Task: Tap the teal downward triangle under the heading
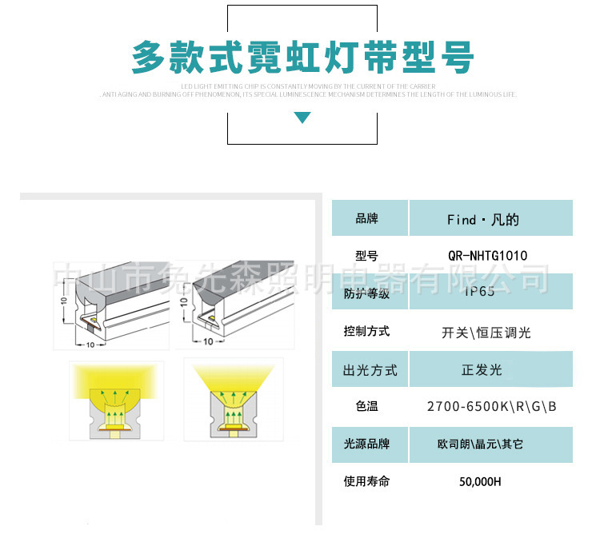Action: (x=302, y=118)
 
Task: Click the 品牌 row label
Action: (x=366, y=218)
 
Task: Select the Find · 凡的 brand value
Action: (x=482, y=219)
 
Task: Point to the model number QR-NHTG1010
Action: (x=487, y=256)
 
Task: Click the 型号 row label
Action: (x=366, y=256)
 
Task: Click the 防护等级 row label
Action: (x=366, y=293)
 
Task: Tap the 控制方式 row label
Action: (x=366, y=331)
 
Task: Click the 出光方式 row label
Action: (x=370, y=370)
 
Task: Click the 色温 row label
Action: (x=366, y=406)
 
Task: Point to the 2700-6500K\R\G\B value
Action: (x=492, y=407)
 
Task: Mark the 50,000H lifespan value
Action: (x=480, y=482)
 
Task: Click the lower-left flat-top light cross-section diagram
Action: (x=116, y=401)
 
